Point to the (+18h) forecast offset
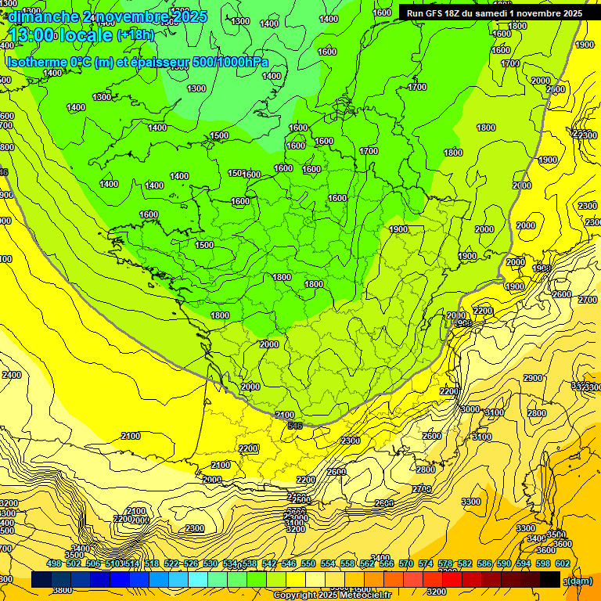(135, 35)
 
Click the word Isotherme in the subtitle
(37, 62)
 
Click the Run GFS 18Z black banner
(494, 13)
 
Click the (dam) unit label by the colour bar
(580, 581)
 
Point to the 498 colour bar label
(54, 563)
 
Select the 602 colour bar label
(563, 563)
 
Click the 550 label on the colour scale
(308, 563)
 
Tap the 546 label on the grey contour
(295, 425)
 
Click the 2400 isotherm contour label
(12, 376)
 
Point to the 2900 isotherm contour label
(533, 379)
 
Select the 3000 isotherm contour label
(470, 409)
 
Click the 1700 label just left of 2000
(511, 63)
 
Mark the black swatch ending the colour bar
(550, 580)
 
